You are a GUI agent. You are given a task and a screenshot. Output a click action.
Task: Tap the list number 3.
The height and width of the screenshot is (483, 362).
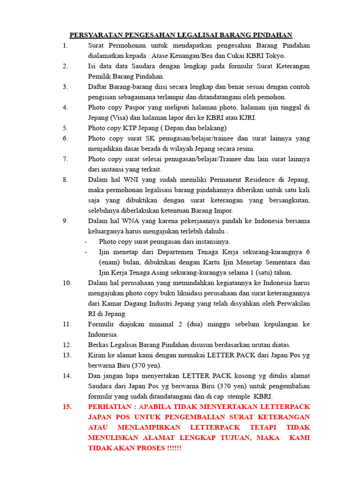pyautogui.click(x=65, y=87)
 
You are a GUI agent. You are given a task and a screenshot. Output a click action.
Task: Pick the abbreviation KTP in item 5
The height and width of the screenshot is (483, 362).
pyautogui.click(x=131, y=128)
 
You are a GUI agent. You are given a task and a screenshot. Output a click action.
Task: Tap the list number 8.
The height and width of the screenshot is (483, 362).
pyautogui.click(x=65, y=180)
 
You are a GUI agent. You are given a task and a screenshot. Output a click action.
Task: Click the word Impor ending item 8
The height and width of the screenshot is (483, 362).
pyautogui.click(x=222, y=211)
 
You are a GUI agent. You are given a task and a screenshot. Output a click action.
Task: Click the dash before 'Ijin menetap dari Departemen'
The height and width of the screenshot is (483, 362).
pyautogui.click(x=86, y=252)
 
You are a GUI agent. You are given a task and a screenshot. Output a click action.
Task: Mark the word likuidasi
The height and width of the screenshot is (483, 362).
pyautogui.click(x=190, y=293)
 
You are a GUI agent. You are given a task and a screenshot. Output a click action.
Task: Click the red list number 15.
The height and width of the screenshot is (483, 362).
pyautogui.click(x=66, y=407)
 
